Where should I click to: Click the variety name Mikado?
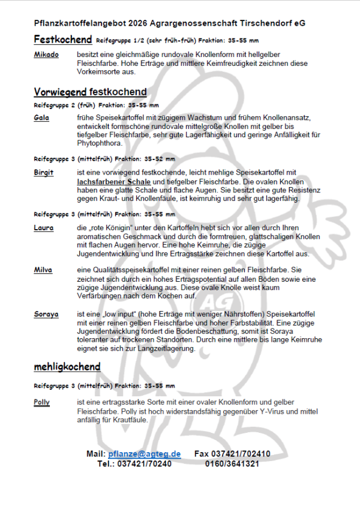click(46, 55)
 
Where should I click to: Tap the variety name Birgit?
click(44, 173)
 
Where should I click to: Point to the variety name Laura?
click(44, 228)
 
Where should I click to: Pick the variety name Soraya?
click(46, 314)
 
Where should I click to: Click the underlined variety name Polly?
click(42, 402)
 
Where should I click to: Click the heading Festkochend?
click(62, 40)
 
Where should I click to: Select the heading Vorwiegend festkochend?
click(90, 92)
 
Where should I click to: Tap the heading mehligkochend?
click(67, 366)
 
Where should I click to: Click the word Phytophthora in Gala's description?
click(100, 144)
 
